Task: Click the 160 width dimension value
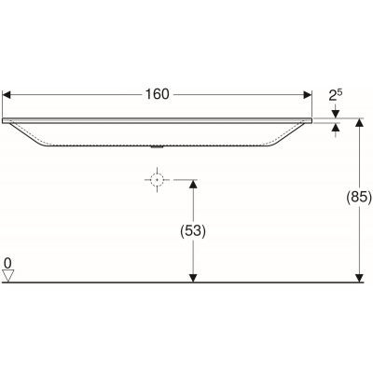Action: pyautogui.click(x=159, y=94)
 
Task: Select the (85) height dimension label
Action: pyautogui.click(x=359, y=198)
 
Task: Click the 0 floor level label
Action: pyautogui.click(x=7, y=264)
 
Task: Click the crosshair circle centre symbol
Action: pyautogui.click(x=159, y=180)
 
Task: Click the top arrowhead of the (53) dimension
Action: pyautogui.click(x=192, y=185)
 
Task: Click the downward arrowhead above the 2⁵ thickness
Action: pyautogui.click(x=337, y=114)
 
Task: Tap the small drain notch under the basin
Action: pyautogui.click(x=158, y=146)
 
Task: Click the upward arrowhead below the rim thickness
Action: pyautogui.click(x=337, y=129)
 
